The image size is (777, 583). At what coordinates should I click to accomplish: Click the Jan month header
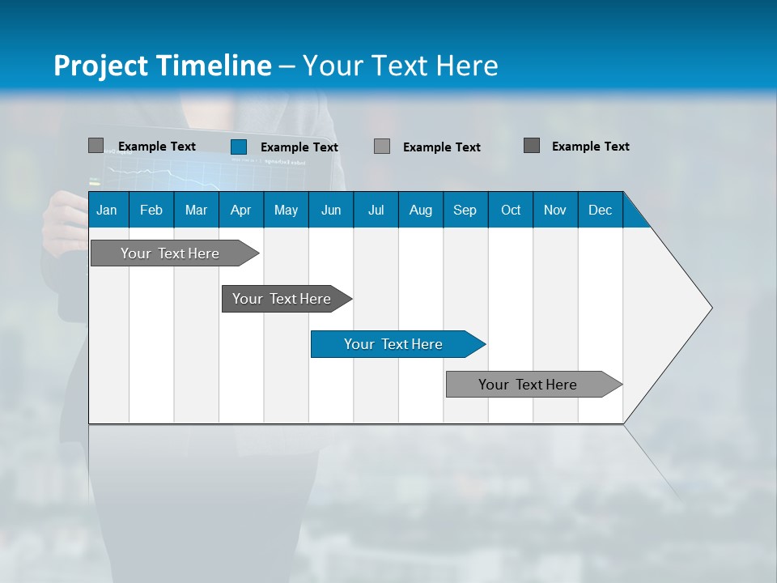click(107, 210)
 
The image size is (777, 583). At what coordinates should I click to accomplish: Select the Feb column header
click(151, 210)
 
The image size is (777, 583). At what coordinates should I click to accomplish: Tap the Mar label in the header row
click(196, 210)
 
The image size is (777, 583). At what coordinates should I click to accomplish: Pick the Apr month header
click(240, 210)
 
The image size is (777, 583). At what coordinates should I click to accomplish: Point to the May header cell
click(286, 210)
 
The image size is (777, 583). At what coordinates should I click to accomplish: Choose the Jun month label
click(331, 210)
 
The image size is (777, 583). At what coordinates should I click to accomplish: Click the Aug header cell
click(420, 210)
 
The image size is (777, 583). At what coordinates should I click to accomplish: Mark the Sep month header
click(465, 210)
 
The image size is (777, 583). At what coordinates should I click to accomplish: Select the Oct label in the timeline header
click(511, 210)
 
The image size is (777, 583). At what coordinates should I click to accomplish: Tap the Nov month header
click(555, 210)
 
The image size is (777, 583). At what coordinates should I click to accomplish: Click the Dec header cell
click(600, 210)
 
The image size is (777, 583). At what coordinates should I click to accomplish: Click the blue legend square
click(239, 147)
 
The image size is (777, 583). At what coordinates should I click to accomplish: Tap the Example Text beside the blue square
click(299, 147)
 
